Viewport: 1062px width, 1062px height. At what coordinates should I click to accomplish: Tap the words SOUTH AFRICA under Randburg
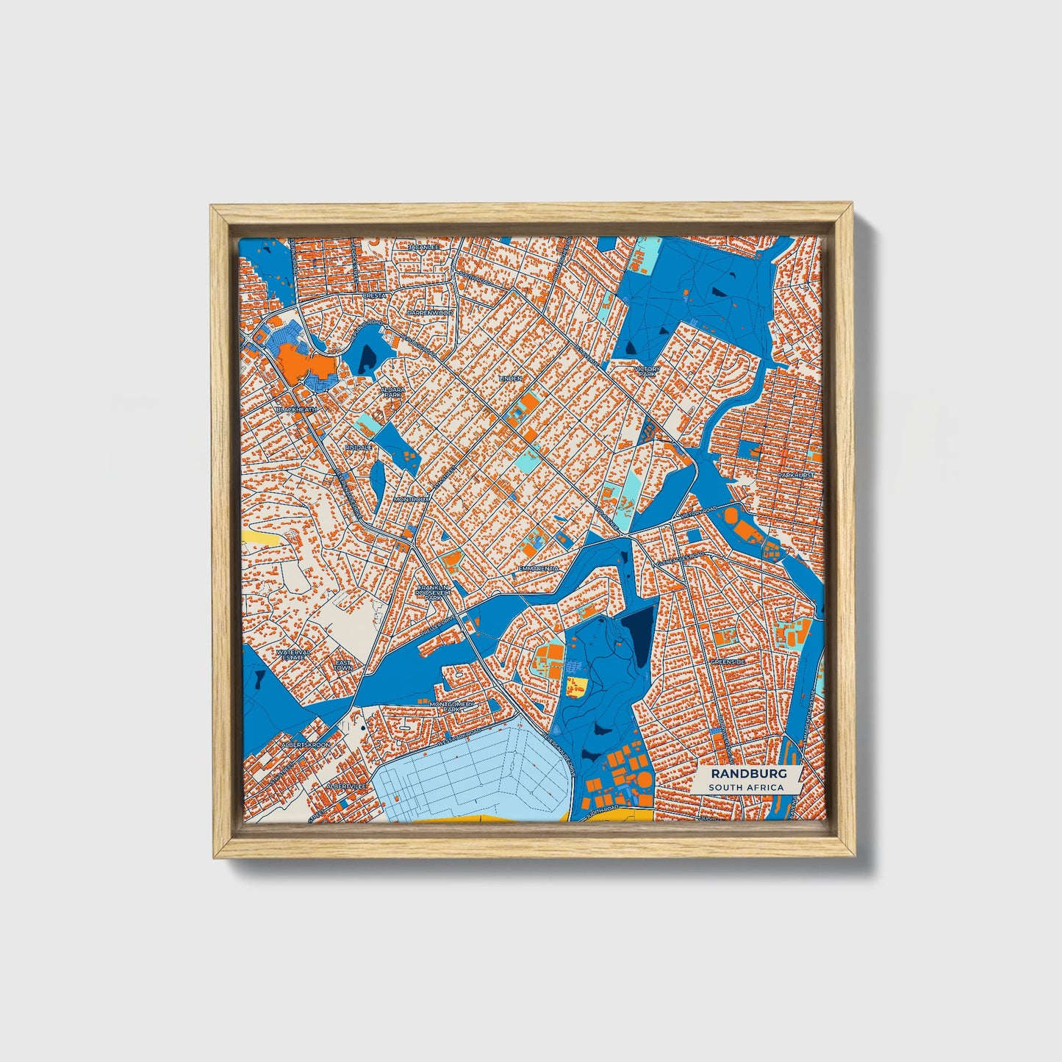(x=745, y=787)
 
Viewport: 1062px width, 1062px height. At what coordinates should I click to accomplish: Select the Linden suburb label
(x=510, y=378)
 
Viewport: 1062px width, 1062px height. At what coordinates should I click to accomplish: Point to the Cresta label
(x=373, y=295)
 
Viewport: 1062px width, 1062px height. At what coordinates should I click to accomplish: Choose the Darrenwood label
(x=431, y=312)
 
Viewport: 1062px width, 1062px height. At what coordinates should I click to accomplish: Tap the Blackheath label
(x=297, y=409)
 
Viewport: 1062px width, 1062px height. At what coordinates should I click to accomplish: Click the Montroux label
(x=411, y=499)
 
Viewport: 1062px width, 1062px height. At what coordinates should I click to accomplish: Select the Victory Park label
(x=647, y=371)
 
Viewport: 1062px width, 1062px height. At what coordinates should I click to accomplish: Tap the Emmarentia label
(x=538, y=568)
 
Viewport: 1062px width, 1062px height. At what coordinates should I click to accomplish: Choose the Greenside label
(x=728, y=661)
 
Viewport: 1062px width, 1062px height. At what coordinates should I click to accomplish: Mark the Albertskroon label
(x=306, y=745)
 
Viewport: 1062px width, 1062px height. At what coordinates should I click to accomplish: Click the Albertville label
(x=345, y=786)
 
